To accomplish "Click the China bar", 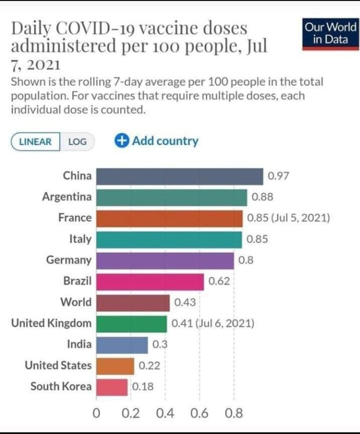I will coord(180,176).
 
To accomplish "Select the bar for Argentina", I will coord(172,197).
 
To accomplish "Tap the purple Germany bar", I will coord(165,260).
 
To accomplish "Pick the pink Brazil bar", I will coord(150,282).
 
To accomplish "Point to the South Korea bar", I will coord(112,387).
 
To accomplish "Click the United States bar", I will coord(115,366).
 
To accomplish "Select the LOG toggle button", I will coord(77,142).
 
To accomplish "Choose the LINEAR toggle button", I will coord(35,142).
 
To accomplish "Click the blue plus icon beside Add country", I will coord(121,141).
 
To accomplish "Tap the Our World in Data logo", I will coord(330,34).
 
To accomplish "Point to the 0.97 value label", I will coord(278,176).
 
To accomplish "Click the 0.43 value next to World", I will coord(185,303).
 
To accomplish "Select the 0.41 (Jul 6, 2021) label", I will coord(213,323).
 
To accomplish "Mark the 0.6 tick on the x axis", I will coord(199,414).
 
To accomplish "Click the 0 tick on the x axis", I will coord(96,414).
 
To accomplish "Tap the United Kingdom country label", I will coord(51,323).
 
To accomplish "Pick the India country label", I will coord(79,344).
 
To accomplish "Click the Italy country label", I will coord(80,239).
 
